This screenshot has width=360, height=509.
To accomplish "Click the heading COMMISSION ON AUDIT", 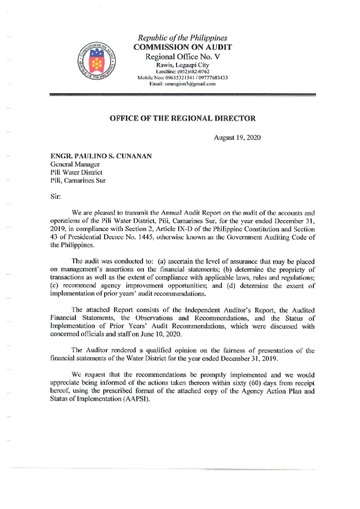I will point(182,47).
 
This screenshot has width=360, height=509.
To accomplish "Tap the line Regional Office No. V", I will point(182,57).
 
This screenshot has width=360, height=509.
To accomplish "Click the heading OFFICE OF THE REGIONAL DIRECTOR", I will point(182,118).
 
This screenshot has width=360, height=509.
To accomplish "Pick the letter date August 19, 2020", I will point(237,138).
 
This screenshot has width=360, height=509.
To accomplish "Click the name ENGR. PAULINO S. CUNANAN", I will point(101,156).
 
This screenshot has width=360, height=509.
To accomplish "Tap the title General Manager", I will point(75,164).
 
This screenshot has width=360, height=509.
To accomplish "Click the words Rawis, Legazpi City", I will point(182,65).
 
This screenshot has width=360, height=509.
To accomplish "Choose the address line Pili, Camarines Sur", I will point(78,181).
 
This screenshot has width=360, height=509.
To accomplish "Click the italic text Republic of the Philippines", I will point(182,38).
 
